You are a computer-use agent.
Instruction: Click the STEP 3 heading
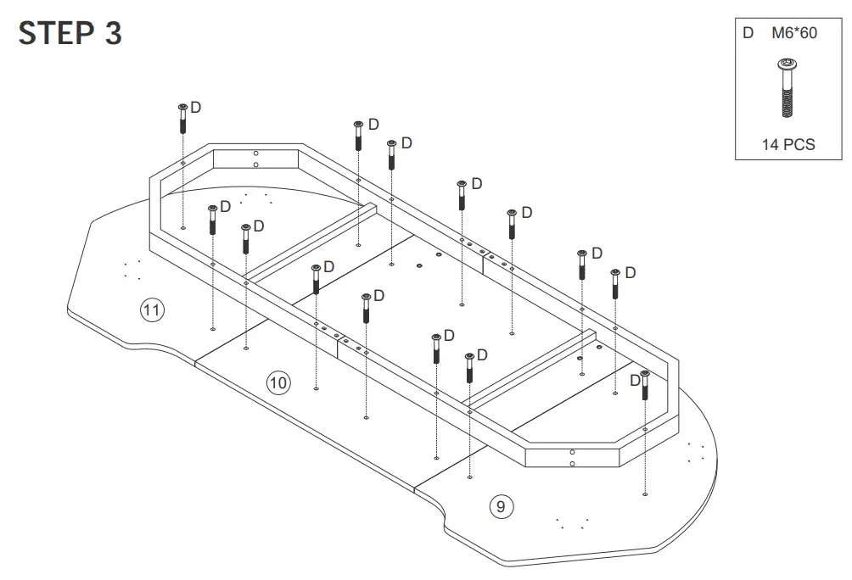point(70,33)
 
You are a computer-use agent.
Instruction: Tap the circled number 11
point(151,310)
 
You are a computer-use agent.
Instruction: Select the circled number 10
point(278,382)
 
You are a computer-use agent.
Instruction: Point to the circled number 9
point(502,506)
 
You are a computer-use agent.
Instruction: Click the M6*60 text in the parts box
point(794,34)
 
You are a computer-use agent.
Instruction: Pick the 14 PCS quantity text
point(788,144)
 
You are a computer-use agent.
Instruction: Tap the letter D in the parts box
point(748,34)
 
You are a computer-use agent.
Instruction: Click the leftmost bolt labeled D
point(182,118)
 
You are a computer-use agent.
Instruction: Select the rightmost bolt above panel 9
point(645,385)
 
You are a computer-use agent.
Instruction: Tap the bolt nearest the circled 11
point(212,220)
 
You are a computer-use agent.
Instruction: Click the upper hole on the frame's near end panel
point(573,452)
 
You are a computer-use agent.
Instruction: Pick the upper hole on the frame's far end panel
point(255,153)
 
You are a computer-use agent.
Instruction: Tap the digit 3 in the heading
point(113,33)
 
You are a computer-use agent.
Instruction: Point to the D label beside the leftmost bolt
point(196,108)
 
